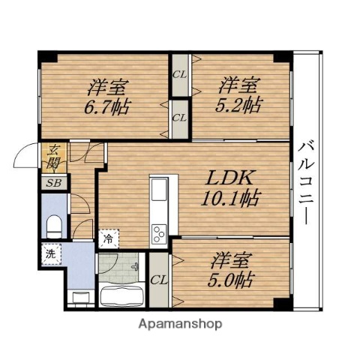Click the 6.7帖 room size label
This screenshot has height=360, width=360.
pos(106,107)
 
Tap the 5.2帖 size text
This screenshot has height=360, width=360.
pos(238,105)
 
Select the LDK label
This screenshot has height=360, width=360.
pos(229,177)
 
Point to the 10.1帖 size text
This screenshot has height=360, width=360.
pos(231,198)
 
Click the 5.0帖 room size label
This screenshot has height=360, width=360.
pos(231,280)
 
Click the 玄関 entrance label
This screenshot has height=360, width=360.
pos(54,157)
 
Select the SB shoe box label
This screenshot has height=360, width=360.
pos(54,183)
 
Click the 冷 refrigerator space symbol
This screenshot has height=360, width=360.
pos(109,238)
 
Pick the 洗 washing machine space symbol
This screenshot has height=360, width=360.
pos(52,254)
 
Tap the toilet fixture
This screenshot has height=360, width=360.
pos(54,226)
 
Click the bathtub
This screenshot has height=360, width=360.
pos(121,297)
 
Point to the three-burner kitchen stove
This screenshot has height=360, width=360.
pos(159,233)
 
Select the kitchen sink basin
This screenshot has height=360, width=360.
pos(159,189)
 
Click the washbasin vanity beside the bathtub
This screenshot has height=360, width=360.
pos(81,298)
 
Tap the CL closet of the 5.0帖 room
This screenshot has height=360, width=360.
pos(159,280)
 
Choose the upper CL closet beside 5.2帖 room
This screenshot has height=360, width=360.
pos(180,75)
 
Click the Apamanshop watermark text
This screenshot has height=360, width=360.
pos(180,324)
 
